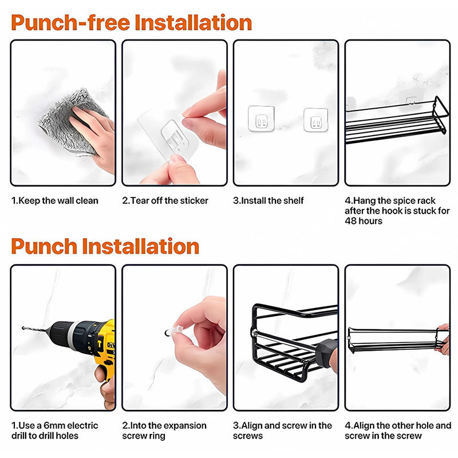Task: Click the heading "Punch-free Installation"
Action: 132,22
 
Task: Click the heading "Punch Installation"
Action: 105,246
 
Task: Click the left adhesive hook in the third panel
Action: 261,119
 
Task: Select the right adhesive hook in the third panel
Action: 315,120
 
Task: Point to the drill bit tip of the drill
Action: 23,328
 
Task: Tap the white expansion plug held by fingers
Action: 177,331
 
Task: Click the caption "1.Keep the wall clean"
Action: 55,201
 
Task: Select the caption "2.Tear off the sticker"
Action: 165,201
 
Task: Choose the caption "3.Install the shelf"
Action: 269,201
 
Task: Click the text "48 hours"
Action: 364,221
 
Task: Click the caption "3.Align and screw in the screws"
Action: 282,431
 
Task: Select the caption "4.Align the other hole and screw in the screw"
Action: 398,431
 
